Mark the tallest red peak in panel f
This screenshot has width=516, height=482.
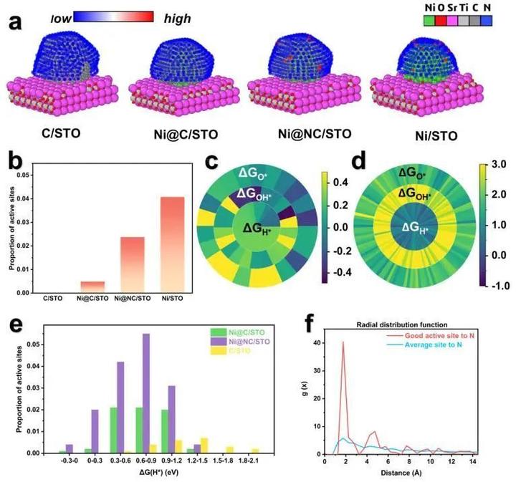343,344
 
